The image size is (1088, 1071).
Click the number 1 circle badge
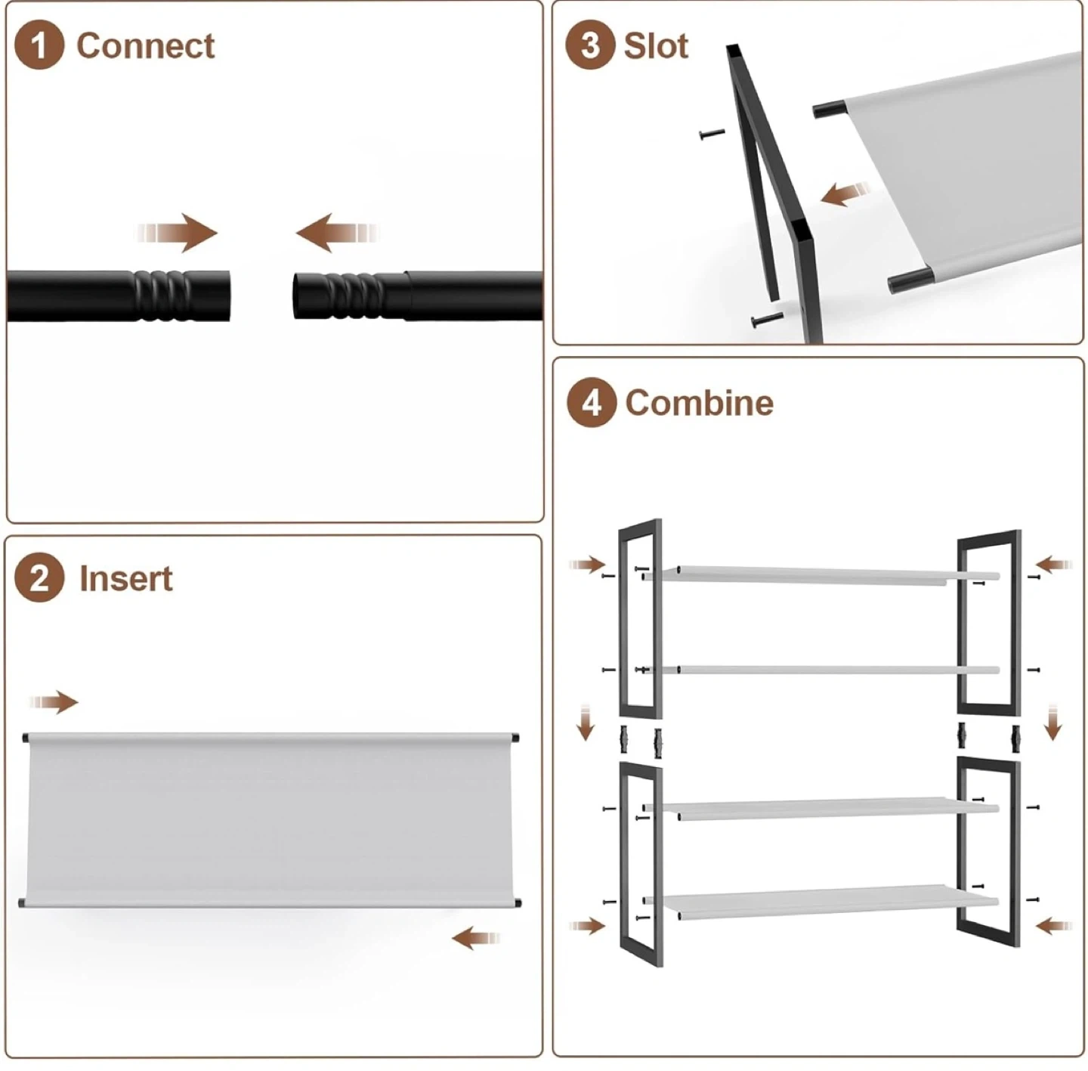(39, 45)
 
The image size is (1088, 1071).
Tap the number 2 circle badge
(39, 577)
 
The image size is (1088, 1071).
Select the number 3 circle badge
(590, 45)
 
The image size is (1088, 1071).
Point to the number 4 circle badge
(591, 403)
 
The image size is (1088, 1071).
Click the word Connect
(145, 46)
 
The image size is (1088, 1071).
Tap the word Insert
(126, 578)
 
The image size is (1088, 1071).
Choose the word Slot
(656, 46)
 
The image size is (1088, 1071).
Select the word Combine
(699, 403)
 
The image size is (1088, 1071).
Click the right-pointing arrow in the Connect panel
(178, 233)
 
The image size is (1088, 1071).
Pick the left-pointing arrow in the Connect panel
(336, 233)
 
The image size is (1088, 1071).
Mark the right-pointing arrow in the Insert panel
(54, 703)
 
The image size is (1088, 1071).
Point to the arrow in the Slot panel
(845, 195)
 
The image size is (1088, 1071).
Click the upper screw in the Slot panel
(712, 135)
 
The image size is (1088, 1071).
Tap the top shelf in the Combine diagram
(821, 575)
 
